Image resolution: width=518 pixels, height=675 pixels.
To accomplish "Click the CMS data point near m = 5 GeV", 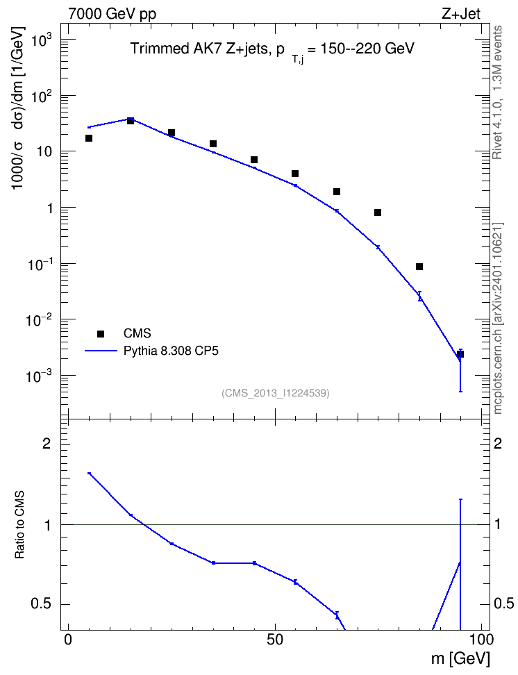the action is tap(89, 138).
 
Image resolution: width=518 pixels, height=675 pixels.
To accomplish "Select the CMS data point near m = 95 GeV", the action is tap(460, 354).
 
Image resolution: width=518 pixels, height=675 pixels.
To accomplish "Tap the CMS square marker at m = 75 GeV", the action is tap(378, 212).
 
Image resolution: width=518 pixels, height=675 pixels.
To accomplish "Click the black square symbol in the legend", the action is tap(101, 333).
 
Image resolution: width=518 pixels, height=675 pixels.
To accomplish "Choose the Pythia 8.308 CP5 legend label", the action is tap(171, 351).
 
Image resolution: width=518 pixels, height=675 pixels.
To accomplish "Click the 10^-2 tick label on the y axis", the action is tap(39, 321).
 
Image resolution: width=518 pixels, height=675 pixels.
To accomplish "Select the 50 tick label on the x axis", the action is tap(275, 640).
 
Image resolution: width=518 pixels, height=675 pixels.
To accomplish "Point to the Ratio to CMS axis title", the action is tap(20, 525).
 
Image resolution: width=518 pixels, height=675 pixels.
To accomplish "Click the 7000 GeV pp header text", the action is tap(112, 14).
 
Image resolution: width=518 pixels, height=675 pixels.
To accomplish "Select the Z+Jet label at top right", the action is tap(461, 13).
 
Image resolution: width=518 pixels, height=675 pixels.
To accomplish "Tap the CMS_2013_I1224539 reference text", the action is tap(276, 393).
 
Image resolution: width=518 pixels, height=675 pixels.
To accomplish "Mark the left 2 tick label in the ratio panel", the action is tap(47, 444).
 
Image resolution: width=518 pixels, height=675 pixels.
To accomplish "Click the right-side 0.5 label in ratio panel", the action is tap(503, 604).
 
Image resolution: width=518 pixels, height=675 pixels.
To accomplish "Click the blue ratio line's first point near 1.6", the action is tap(89, 473).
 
